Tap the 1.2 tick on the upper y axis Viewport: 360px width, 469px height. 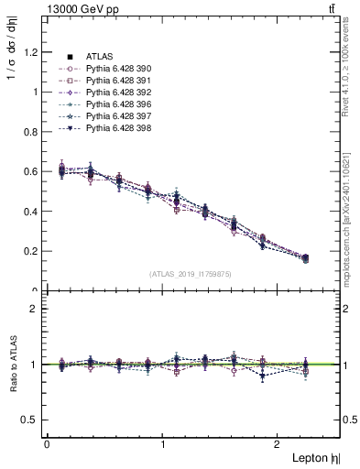(32, 52)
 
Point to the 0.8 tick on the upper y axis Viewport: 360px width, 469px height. (32, 132)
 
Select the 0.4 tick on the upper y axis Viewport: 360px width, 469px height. (32, 212)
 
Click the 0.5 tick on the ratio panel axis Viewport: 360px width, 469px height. (32, 420)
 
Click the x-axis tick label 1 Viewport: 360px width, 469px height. (163, 443)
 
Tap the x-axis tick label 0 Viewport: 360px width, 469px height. (46, 443)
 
